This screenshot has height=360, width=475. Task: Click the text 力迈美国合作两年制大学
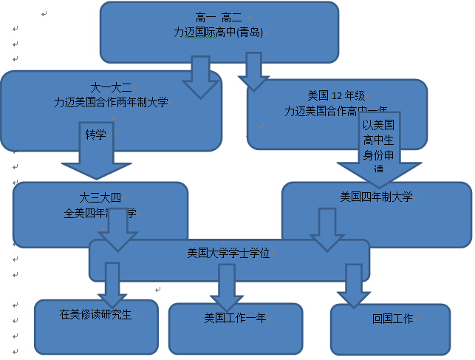[x=111, y=103]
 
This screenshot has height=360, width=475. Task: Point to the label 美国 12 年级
[x=336, y=95]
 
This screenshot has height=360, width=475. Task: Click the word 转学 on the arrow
[x=96, y=135]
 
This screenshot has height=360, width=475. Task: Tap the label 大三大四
[x=100, y=197]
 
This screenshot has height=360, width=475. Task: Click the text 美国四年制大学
[x=376, y=197]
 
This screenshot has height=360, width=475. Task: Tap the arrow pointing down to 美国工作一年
[x=227, y=285]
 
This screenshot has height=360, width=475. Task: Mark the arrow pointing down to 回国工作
[x=355, y=285]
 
